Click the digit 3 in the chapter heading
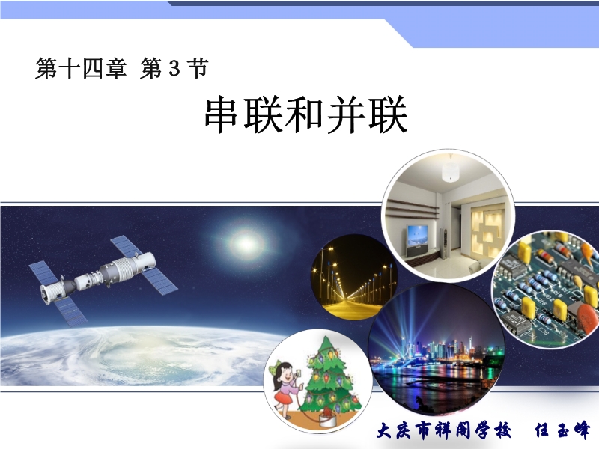(x=174, y=69)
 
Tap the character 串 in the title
(x=222, y=115)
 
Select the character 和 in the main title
(x=305, y=115)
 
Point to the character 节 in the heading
(x=198, y=69)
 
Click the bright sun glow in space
(x=246, y=243)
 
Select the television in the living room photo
(x=418, y=236)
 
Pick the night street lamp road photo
(x=353, y=278)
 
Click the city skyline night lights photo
(x=437, y=349)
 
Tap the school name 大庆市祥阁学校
(x=444, y=431)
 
